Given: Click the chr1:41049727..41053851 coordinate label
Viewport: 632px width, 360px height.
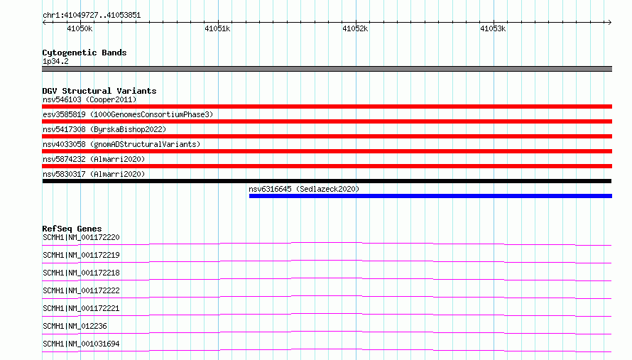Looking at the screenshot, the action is tap(92, 16).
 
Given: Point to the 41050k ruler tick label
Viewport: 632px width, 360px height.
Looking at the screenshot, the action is tap(80, 28).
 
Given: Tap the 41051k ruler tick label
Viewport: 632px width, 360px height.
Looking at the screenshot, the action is tap(217, 28).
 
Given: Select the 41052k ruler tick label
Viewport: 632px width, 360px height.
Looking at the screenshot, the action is tap(355, 28).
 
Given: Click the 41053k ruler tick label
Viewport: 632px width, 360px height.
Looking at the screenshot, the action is tap(493, 28).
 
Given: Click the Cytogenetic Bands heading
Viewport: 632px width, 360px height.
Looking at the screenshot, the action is tap(85, 53).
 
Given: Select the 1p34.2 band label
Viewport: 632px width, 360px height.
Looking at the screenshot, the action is tap(55, 61).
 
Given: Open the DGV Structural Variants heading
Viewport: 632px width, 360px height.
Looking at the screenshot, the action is tap(99, 91).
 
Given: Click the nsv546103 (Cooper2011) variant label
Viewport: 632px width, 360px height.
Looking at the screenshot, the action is tap(89, 99).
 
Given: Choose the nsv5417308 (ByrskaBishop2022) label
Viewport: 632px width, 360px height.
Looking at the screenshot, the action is tap(104, 129).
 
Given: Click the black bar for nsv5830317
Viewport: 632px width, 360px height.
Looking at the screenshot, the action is tap(327, 181).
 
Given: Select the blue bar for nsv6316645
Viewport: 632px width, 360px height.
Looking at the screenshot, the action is tap(430, 196).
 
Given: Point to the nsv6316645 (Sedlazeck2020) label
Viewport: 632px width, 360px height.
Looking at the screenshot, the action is tap(304, 189).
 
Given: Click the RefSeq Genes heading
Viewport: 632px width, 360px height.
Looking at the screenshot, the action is tap(72, 229).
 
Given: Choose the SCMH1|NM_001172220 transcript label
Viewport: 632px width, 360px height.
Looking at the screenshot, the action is tap(82, 237).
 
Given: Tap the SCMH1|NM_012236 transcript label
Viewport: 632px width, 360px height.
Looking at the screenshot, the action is tap(75, 326).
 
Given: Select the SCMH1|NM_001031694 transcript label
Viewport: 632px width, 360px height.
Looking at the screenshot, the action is tap(82, 344).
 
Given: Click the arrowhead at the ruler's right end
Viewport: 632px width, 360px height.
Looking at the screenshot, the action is tap(610, 22).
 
